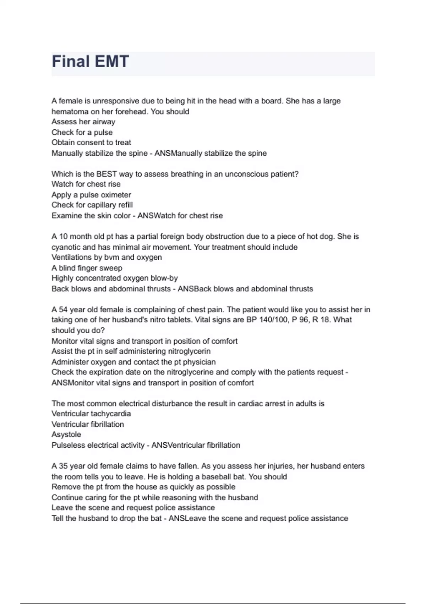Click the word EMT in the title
click(110, 61)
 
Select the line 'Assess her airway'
click(83, 122)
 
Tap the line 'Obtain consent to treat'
click(91, 142)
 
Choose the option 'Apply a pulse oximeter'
click(91, 195)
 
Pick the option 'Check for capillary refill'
click(92, 205)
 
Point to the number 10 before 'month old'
click(63, 237)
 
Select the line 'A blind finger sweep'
click(87, 268)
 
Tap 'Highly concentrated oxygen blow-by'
click(114, 278)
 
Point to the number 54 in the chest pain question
click(63, 310)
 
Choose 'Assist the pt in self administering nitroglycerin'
click(131, 351)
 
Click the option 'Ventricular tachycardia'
click(91, 414)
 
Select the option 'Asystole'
click(66, 435)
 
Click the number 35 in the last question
click(63, 466)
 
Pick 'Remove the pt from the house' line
click(143, 487)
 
